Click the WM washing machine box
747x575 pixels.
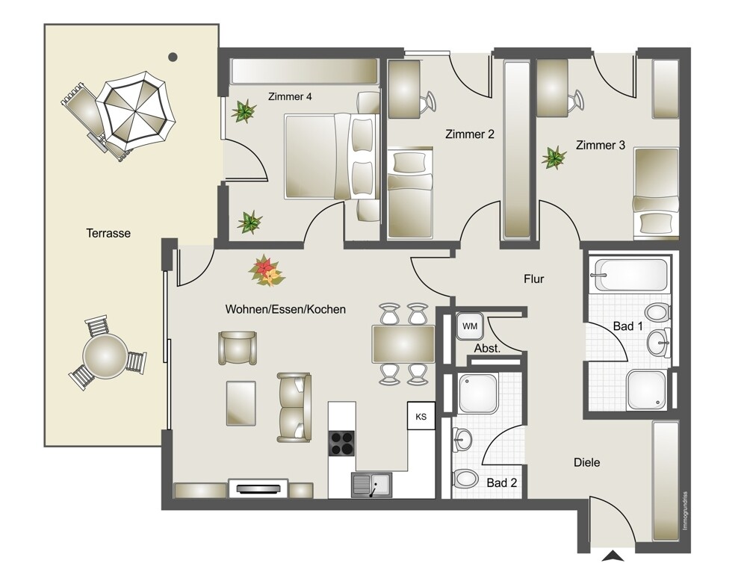coord(470,326)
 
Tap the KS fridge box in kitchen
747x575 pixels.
coord(421,417)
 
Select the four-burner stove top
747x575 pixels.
coord(342,444)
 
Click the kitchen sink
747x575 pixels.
coord(371,485)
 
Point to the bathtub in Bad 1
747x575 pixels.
coord(628,275)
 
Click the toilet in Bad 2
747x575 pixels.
coord(465,478)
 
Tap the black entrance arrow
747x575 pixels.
coord(613,556)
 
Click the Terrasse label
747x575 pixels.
coord(108,233)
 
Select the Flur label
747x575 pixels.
coord(533,279)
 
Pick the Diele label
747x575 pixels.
coord(586,462)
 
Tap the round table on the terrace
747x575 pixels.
coord(105,355)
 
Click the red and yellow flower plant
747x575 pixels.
coord(267,272)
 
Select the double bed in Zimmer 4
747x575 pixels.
coord(332,156)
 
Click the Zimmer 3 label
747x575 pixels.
coord(601,145)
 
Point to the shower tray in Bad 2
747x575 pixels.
coord(478,394)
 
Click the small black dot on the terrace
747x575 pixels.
coord(173,57)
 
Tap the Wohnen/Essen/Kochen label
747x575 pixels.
coord(285,309)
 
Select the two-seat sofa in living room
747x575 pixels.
coord(294,407)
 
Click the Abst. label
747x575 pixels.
coord(487,348)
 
